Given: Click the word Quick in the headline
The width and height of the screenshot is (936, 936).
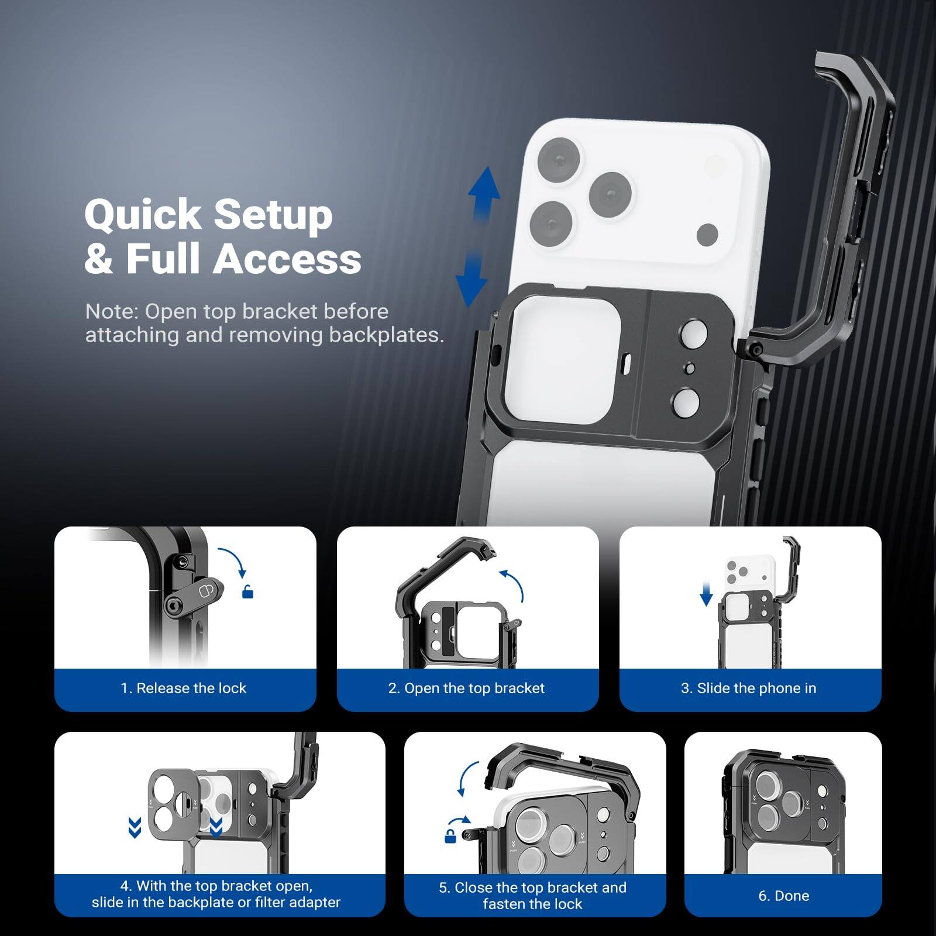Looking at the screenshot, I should click(x=143, y=215).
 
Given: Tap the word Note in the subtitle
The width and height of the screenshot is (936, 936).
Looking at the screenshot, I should click(x=111, y=311).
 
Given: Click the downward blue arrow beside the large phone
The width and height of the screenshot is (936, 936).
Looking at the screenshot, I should click(x=471, y=281).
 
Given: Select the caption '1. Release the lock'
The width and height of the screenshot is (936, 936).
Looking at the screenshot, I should click(x=184, y=688).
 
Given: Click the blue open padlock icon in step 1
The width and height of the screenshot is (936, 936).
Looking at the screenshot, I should click(x=248, y=592).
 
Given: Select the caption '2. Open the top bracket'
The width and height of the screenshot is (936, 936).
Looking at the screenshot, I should click(x=466, y=688).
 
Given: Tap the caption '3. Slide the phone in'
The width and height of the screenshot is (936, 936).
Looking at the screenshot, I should click(x=748, y=688).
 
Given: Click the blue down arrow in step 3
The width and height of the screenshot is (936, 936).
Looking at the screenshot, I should click(x=706, y=594).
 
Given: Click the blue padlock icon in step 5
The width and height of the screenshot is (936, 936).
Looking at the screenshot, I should click(x=450, y=837).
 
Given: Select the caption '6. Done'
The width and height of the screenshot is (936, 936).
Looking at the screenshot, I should click(x=783, y=896).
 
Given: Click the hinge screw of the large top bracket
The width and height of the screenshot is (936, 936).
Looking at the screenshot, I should click(x=756, y=350).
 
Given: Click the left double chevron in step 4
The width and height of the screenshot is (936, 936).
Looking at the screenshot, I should click(x=135, y=828).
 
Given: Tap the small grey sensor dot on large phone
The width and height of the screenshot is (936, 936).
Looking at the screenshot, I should click(x=707, y=234).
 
